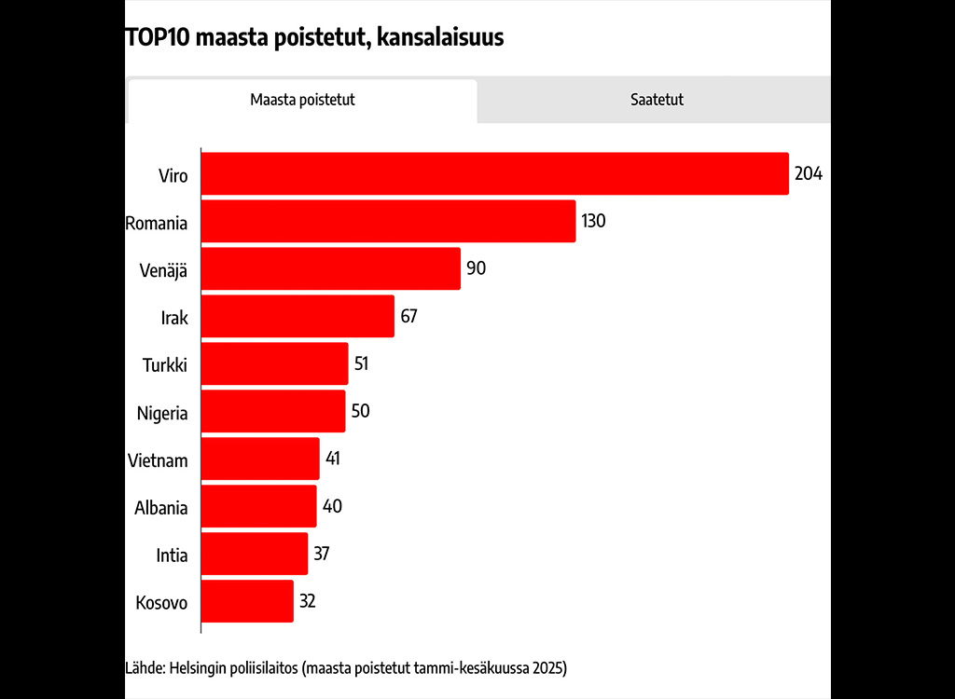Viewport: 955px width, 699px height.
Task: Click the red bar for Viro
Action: [494, 173]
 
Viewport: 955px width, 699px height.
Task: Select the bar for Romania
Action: [388, 221]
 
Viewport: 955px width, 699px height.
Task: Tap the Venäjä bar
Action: [330, 268]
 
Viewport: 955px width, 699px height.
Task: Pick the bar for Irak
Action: [298, 316]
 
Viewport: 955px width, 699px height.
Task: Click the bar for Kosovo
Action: [247, 601]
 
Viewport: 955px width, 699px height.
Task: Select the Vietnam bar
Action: [260, 459]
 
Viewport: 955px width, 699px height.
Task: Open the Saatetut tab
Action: [656, 100]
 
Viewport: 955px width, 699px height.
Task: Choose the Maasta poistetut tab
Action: [302, 100]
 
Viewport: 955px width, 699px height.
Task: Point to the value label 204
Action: [808, 173]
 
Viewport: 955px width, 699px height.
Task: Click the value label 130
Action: [593, 221]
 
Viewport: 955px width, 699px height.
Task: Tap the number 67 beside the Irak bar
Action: [408, 316]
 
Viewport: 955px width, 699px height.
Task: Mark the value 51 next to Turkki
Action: [361, 363]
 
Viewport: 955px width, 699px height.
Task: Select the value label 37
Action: [321, 554]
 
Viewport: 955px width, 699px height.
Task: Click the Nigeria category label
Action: [162, 413]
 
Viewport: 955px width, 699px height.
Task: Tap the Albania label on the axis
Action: [161, 508]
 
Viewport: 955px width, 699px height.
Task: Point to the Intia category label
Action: [172, 555]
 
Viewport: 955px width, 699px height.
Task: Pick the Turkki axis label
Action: [165, 365]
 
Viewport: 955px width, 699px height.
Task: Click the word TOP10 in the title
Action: [154, 38]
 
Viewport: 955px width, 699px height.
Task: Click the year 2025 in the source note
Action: [549, 668]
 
